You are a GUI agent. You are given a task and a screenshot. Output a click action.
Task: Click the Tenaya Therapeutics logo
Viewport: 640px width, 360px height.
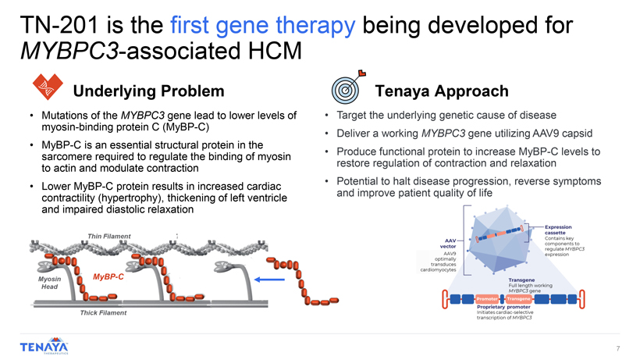[x=44, y=346]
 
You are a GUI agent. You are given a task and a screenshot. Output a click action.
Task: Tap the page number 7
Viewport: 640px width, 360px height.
[x=618, y=348]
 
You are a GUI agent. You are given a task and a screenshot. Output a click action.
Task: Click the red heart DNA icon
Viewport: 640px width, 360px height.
[x=48, y=87]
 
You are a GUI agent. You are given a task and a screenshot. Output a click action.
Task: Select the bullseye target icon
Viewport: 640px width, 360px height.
[x=347, y=87]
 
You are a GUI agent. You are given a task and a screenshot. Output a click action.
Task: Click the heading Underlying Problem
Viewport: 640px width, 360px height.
[x=148, y=91]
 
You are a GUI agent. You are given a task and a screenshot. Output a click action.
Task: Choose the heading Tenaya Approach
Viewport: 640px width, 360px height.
[x=442, y=91]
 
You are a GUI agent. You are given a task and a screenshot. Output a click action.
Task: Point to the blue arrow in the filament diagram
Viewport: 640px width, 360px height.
[x=269, y=280]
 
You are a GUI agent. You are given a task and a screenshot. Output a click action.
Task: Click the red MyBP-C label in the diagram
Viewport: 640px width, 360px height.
[x=108, y=276]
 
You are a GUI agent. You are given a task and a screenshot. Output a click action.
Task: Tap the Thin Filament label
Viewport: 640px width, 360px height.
[x=109, y=236]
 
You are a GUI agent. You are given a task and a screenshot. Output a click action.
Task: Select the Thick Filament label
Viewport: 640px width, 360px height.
[x=103, y=312]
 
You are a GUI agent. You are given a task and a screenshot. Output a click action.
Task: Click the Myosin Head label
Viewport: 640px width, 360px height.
[x=49, y=283]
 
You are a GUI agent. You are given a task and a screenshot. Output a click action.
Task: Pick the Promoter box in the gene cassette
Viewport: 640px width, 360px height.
[x=487, y=299]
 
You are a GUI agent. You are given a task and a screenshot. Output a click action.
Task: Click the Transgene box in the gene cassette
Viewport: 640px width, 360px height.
[x=518, y=299]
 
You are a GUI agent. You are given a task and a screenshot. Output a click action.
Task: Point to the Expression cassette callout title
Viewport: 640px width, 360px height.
[x=558, y=230]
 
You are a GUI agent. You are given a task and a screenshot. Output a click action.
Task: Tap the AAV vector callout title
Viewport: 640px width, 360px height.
[x=448, y=244]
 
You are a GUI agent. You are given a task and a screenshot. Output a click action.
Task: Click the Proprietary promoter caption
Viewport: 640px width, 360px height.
[x=503, y=307]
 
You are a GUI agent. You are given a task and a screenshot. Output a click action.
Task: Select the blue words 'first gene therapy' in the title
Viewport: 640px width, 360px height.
[x=262, y=25]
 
